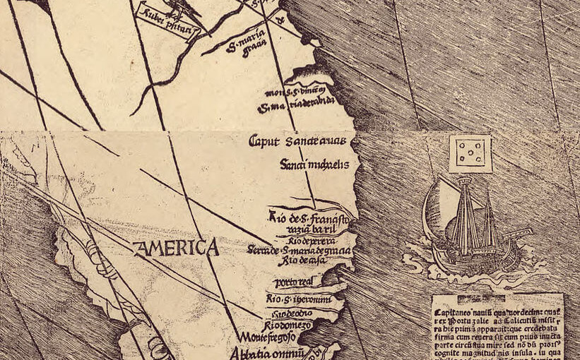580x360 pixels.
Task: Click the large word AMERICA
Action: pos(176,248)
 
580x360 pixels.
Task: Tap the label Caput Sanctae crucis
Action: pos(297,141)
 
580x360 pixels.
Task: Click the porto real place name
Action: pos(292,282)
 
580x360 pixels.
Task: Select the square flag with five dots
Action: pos(470,153)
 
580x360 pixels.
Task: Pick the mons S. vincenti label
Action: pos(297,92)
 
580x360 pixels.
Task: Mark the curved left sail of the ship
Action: pos(433,215)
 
